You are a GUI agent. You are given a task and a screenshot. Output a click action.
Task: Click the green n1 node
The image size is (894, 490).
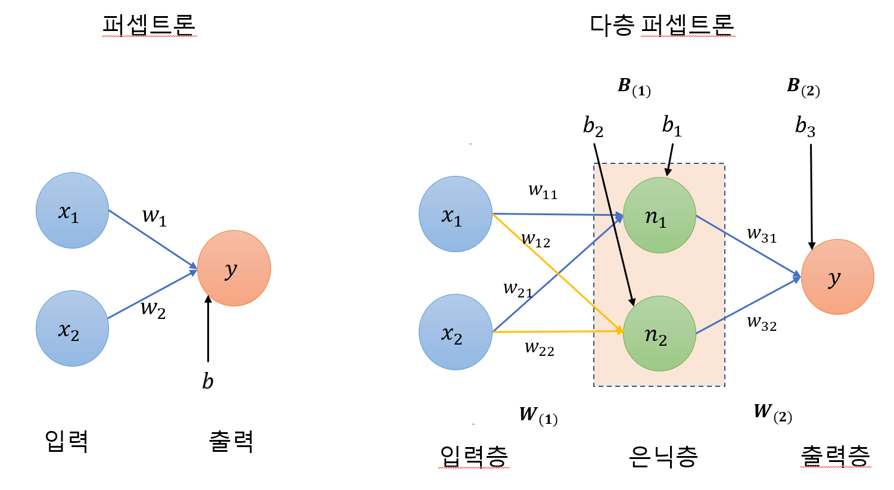point(659,215)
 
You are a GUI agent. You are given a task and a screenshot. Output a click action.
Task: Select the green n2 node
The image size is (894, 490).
point(659,333)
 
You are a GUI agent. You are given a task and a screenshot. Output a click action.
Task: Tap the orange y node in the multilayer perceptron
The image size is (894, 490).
point(837,277)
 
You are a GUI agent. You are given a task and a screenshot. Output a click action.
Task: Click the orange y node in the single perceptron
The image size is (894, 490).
point(234,268)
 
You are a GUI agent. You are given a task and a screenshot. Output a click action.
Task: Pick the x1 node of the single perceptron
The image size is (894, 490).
point(73,210)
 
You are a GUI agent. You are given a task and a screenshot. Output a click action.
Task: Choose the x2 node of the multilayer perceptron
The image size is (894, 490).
point(456,332)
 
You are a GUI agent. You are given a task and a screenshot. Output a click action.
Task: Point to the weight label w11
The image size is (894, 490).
point(543,191)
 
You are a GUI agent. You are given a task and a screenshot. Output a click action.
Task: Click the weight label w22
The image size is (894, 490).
point(539,348)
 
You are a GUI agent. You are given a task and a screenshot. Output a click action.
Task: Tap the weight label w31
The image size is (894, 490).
point(762,234)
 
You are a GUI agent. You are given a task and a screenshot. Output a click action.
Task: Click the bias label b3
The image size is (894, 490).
point(805,126)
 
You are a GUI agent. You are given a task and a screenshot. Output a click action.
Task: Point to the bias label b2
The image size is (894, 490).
point(593,126)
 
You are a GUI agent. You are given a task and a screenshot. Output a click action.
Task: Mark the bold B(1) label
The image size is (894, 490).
point(634,87)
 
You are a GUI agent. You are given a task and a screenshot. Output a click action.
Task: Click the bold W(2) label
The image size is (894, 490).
point(772,412)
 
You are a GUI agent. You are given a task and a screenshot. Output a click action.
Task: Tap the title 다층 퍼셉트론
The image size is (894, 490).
point(662,25)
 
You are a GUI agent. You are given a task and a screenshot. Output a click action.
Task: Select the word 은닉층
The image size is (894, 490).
point(663,456)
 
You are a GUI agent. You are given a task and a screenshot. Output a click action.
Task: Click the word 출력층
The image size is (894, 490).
point(835,456)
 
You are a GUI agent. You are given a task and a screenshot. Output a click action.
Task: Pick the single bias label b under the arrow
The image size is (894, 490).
point(208,381)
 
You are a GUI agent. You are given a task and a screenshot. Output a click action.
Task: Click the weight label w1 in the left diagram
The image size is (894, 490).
point(154,216)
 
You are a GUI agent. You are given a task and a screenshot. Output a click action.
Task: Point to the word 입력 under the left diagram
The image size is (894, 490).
point(67,441)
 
